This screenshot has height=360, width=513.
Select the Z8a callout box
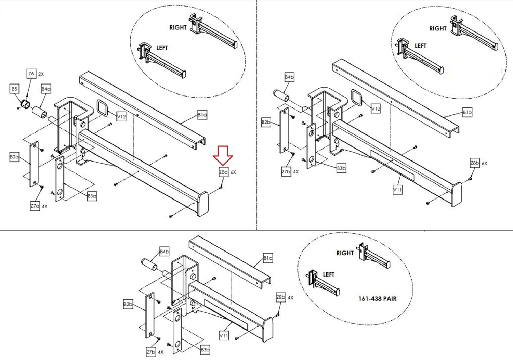[x=223, y=172]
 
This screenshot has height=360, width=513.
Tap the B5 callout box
[x=14, y=89]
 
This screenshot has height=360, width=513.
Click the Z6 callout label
[x=31, y=74]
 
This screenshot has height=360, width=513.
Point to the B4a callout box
[x=46, y=89]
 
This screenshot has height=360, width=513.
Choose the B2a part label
[x=14, y=157]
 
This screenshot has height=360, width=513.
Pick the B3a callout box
[x=92, y=196]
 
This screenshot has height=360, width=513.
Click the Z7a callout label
[x=35, y=206]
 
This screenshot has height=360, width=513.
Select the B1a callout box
[x=202, y=115]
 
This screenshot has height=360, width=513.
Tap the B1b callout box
[x=467, y=112]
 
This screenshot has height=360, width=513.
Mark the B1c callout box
[x=268, y=258]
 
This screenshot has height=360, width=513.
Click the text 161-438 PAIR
[x=377, y=299]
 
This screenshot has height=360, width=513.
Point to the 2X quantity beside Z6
[x=41, y=74]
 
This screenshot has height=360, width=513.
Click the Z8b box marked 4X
[x=281, y=297]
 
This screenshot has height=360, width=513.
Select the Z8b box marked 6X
[x=475, y=163]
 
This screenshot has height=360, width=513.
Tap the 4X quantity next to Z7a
[x=45, y=206]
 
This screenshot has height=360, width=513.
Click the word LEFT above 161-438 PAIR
[x=329, y=274]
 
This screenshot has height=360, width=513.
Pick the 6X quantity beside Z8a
[x=233, y=172]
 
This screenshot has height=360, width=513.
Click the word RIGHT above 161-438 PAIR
[x=345, y=253]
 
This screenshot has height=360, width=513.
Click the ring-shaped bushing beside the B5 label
[x=25, y=103]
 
